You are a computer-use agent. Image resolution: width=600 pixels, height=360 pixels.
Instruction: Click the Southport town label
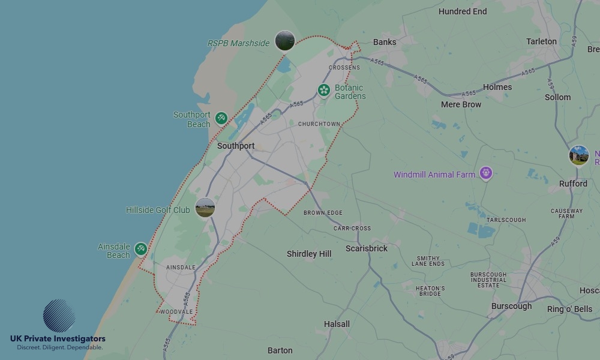pos(236,146)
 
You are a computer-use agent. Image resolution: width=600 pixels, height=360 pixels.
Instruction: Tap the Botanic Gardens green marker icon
pos(324,91)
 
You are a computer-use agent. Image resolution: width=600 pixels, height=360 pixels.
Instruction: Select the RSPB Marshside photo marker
pos(285,41)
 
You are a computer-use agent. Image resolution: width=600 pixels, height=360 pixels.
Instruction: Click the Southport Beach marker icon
pos(221,118)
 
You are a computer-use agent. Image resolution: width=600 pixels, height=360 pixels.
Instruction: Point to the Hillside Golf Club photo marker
pos(205,208)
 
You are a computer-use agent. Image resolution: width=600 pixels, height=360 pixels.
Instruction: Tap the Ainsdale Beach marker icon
pos(140,249)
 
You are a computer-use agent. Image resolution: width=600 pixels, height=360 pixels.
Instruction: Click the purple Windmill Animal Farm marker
pos(485,174)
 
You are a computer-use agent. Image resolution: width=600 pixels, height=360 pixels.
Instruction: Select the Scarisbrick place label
pos(367,248)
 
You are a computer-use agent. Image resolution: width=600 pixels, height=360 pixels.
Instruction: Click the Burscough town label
pos(511,306)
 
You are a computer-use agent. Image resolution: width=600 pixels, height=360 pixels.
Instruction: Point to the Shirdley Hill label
pos(309,254)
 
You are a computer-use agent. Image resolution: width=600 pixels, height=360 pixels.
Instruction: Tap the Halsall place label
pos(337,324)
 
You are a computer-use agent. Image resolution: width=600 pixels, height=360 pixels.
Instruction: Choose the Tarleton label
pos(541,41)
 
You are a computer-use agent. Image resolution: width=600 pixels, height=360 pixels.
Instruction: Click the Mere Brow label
pos(461,104)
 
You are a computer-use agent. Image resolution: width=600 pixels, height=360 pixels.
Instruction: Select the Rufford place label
pos(573,184)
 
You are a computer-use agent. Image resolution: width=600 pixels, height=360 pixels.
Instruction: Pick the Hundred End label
pos(463,11)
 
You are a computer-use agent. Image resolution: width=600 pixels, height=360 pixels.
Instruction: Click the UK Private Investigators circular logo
pos(59,316)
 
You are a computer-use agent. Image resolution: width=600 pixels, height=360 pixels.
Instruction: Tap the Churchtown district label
pos(319,124)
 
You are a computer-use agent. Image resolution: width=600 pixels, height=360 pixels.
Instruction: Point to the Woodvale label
pos(176,312)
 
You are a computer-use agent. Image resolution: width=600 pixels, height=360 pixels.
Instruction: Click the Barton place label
pos(280,350)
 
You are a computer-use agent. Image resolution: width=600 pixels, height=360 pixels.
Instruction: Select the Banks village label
pos(385,42)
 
